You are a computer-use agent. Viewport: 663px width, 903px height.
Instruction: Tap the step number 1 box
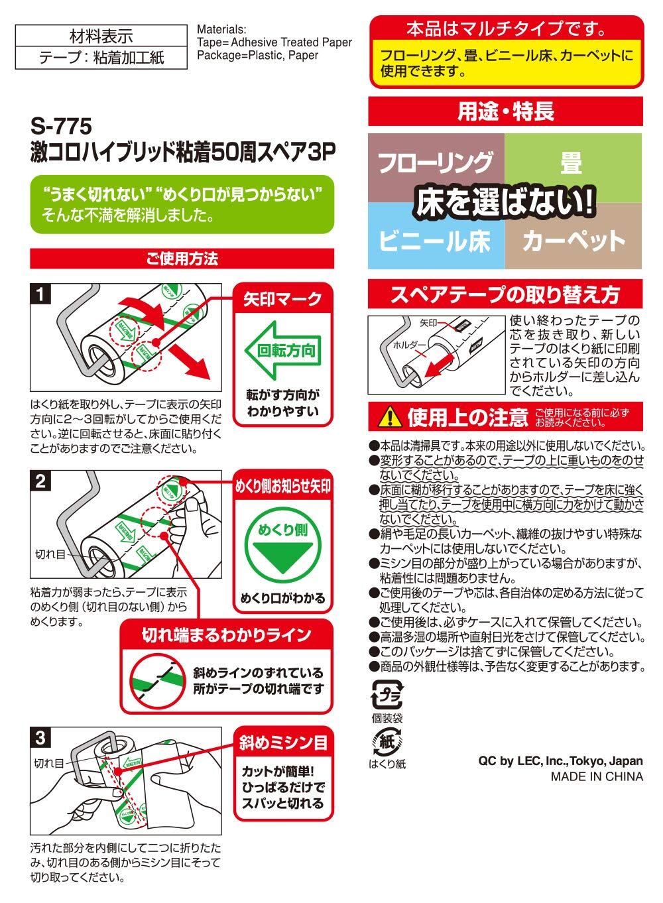(x=40, y=294)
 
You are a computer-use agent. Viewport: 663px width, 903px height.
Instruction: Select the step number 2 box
(x=40, y=481)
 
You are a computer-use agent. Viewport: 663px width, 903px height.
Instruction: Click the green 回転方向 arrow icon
(x=282, y=350)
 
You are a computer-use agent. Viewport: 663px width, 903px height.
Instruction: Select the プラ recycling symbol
(x=387, y=695)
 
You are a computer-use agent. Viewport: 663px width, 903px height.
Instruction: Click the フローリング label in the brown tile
(x=436, y=162)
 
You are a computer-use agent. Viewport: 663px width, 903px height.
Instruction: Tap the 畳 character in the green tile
(x=571, y=162)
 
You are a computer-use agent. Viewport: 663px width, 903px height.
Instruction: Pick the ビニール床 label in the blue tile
(x=434, y=241)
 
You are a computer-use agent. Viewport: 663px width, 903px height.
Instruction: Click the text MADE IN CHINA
(x=597, y=776)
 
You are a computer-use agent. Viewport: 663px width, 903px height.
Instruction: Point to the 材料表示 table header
(x=101, y=36)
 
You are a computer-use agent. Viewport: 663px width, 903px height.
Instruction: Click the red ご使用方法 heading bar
(x=182, y=259)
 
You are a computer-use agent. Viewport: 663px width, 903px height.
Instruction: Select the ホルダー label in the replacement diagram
(x=410, y=345)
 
